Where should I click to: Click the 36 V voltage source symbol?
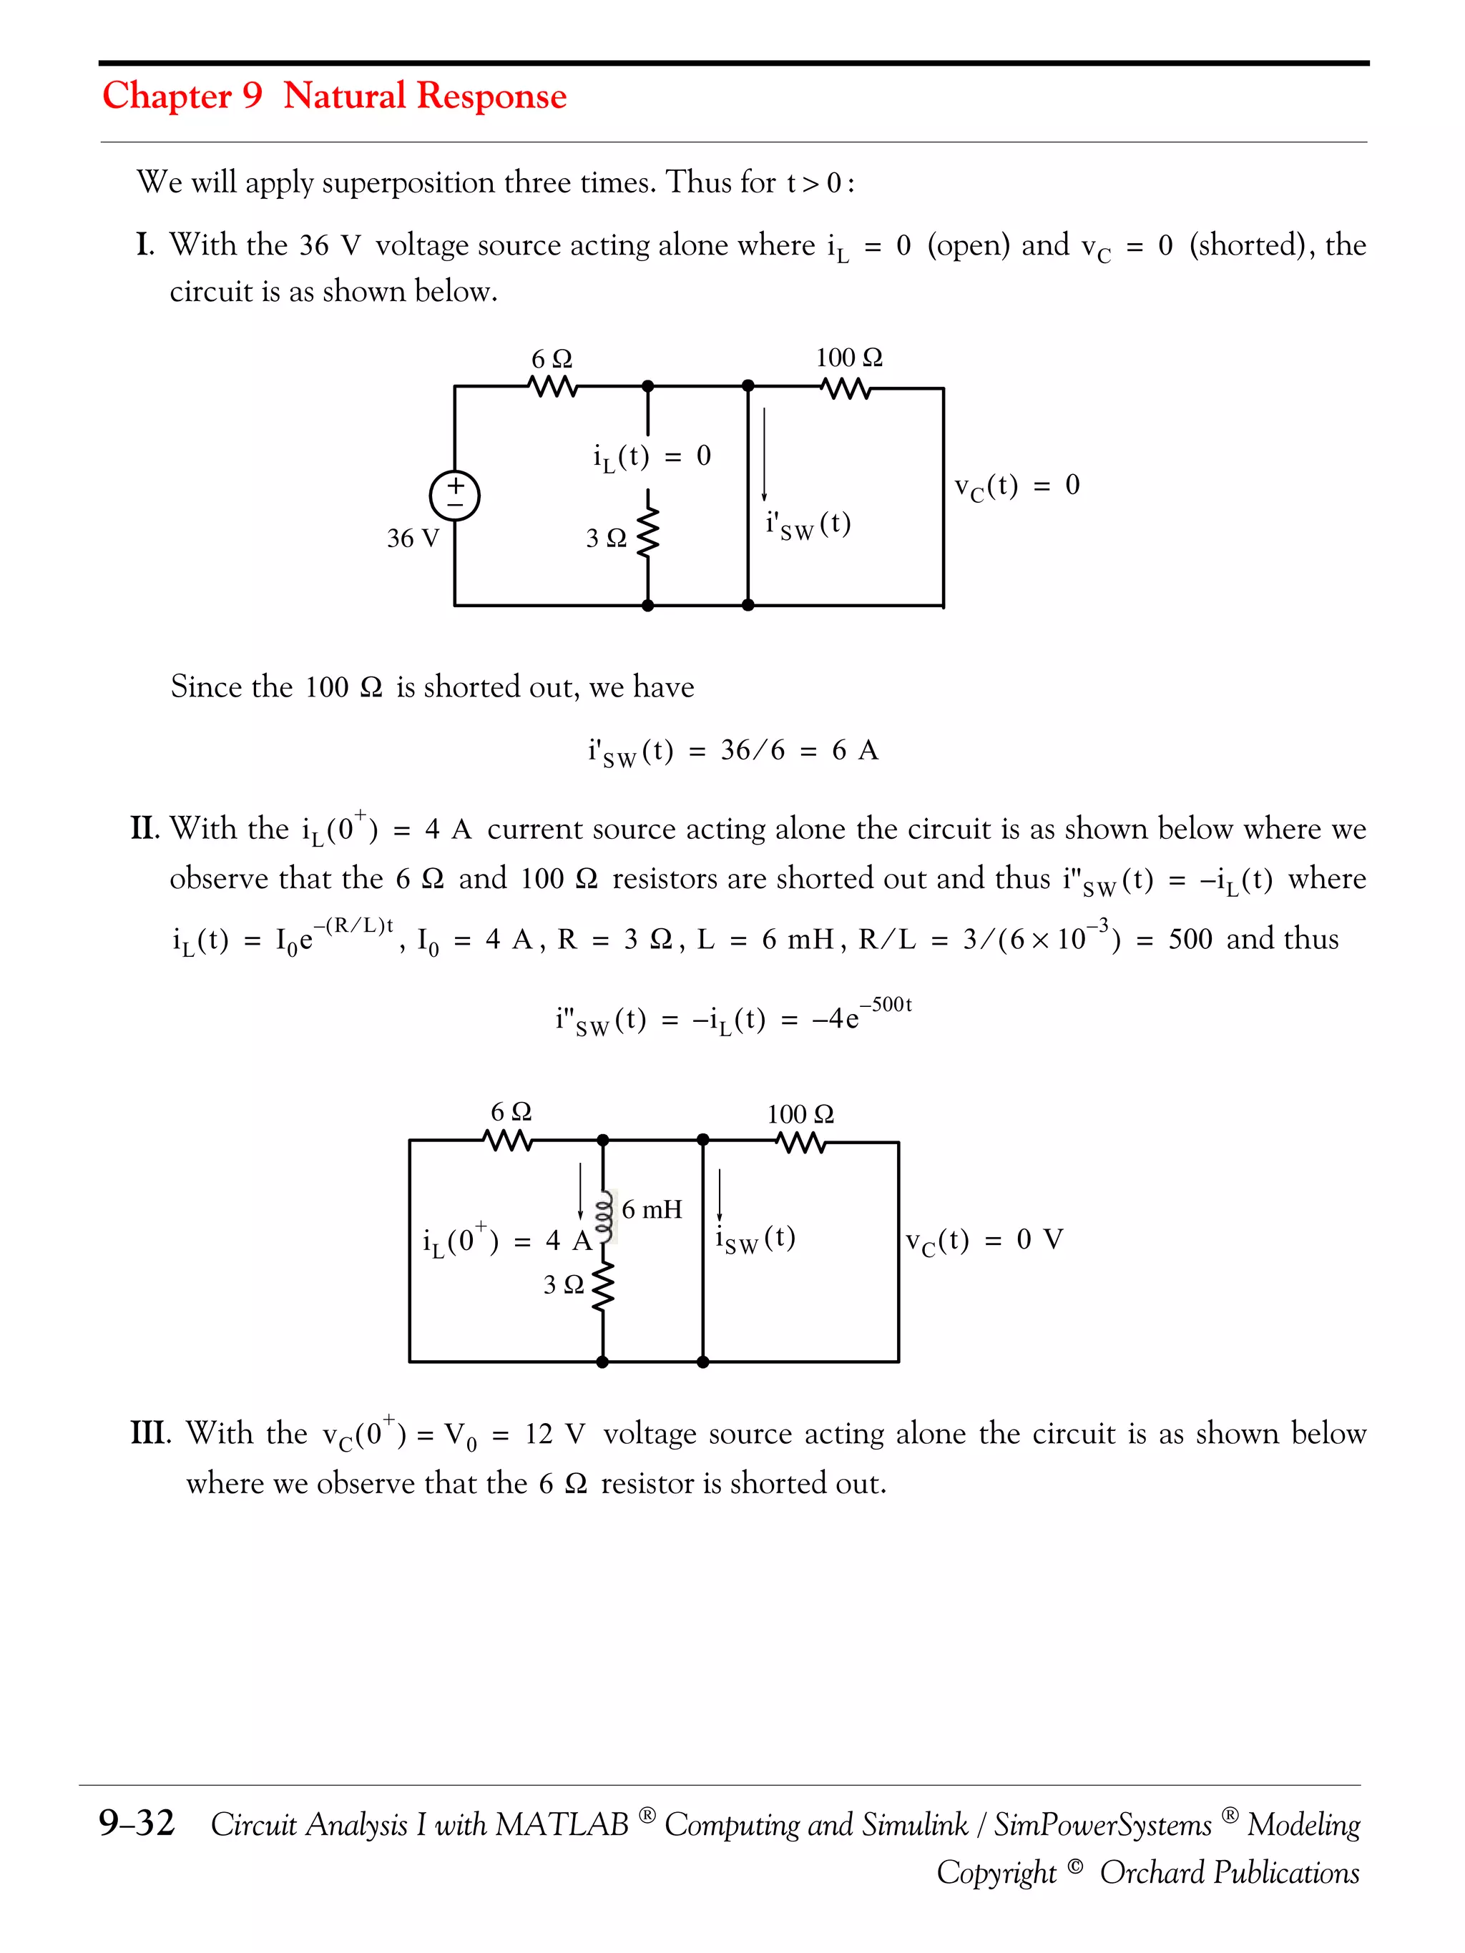[x=454, y=496]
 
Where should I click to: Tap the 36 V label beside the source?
[x=413, y=538]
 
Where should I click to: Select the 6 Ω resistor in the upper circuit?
[x=553, y=387]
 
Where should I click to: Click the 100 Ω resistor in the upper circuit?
[x=845, y=388]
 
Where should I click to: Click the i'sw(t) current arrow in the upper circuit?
[x=764, y=455]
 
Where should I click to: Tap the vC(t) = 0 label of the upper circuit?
[x=1016, y=486]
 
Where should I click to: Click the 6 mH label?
[x=652, y=1209]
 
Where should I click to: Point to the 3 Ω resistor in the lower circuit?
[x=603, y=1287]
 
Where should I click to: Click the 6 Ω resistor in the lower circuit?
[x=509, y=1141]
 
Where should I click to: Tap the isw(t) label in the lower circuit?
[x=755, y=1239]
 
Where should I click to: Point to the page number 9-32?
[x=137, y=1822]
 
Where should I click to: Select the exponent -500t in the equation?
[x=886, y=1005]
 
